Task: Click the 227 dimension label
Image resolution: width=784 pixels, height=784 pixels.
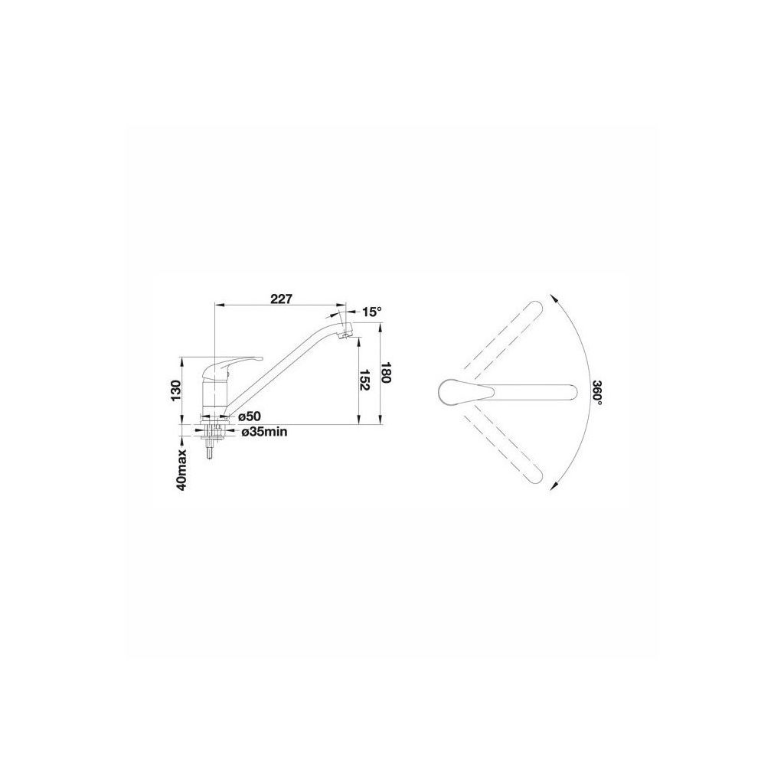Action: pos(280,299)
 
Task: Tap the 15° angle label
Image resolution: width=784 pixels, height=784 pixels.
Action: pos(371,312)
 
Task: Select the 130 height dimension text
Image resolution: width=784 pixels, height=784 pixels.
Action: pos(175,390)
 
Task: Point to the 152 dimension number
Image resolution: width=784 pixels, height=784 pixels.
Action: pos(364,381)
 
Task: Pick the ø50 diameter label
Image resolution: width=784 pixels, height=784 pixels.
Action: pos(250,416)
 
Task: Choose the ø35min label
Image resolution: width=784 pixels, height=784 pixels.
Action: pos(264,432)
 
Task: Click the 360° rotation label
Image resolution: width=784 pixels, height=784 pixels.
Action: pos(596,393)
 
